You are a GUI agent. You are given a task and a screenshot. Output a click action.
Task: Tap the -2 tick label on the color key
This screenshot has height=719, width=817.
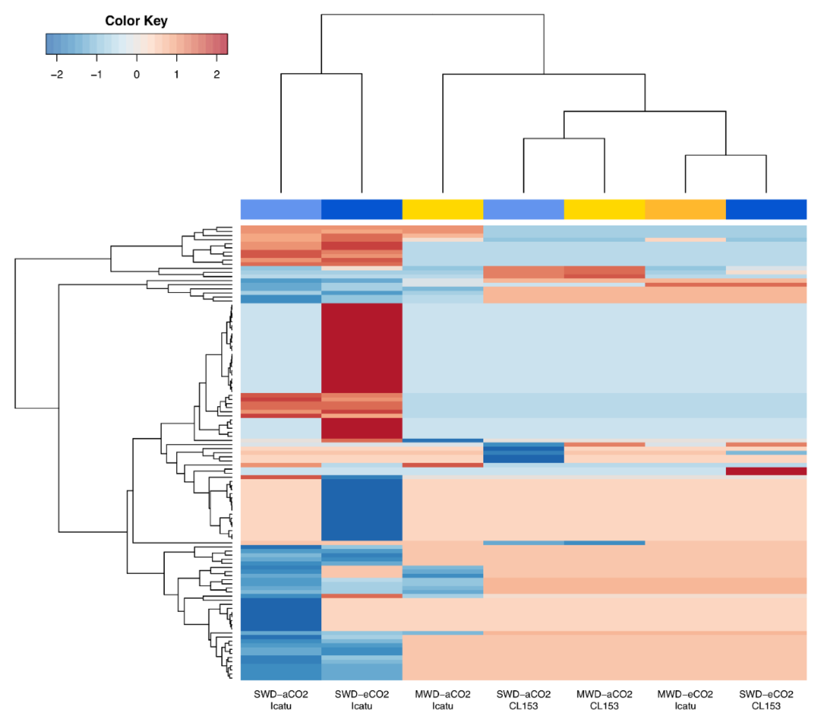(57, 74)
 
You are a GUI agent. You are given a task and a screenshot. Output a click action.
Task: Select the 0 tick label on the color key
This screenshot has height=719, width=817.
(137, 74)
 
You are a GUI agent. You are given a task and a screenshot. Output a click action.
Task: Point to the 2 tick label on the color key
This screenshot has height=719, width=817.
(217, 74)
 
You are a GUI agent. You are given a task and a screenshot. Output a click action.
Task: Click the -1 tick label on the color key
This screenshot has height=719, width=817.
(96, 74)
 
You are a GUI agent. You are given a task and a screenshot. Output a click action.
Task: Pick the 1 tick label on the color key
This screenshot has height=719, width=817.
(176, 74)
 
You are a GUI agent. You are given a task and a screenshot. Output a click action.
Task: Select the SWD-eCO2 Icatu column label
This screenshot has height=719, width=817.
(362, 700)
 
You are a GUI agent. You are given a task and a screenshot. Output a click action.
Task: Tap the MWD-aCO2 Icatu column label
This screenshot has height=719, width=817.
(443, 700)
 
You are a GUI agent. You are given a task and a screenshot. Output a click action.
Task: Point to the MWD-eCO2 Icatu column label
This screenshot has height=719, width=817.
(685, 700)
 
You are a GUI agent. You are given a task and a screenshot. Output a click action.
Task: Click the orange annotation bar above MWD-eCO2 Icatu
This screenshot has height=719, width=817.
(685, 209)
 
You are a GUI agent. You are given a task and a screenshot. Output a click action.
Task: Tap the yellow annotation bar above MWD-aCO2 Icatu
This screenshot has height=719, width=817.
(443, 209)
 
